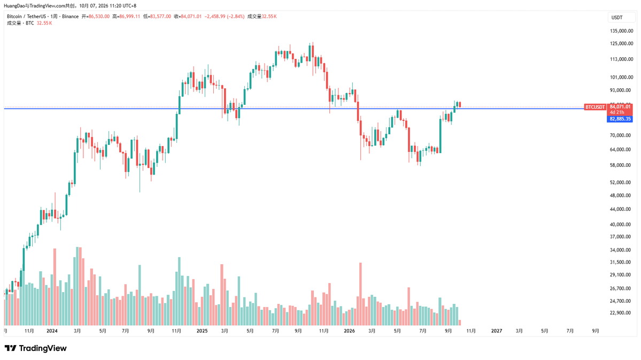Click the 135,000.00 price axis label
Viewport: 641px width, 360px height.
[x=621, y=31]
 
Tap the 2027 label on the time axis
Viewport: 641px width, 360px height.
[x=496, y=331]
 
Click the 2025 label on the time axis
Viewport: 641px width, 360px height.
[x=202, y=331]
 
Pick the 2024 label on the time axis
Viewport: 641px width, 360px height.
[x=52, y=331]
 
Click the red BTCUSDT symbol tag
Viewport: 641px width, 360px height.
[x=595, y=107]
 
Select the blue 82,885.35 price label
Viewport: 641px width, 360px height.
[x=620, y=119]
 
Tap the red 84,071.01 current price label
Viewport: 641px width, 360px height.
[x=620, y=107]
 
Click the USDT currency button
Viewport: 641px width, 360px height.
[x=617, y=18]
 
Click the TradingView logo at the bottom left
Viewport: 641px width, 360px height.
[x=36, y=348]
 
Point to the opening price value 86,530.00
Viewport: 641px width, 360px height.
[x=99, y=17]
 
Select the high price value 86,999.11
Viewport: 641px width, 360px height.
[x=129, y=17]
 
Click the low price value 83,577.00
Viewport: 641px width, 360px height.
[x=160, y=17]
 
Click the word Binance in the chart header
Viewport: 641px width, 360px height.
[x=71, y=17]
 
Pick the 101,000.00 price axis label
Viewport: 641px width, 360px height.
[x=621, y=78]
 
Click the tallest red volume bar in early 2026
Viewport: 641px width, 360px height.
[x=360, y=294]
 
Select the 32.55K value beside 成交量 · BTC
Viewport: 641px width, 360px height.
[x=44, y=24]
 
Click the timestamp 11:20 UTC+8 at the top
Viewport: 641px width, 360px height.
[x=122, y=6]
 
